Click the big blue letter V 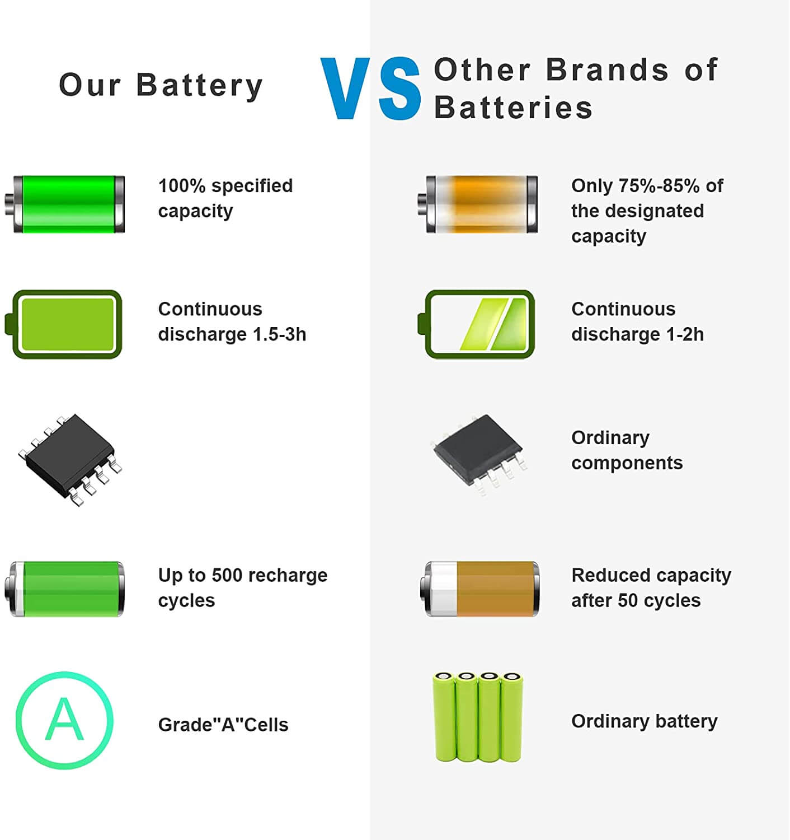345,88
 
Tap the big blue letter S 399,88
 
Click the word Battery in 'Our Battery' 200,86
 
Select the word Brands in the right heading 608,69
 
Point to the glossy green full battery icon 65,204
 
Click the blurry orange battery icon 478,204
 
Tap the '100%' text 181,186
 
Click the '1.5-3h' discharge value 279,334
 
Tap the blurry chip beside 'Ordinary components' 479,454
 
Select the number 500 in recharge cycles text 227,576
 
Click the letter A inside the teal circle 64,720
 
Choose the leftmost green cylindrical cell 444,717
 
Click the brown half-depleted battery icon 479,589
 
